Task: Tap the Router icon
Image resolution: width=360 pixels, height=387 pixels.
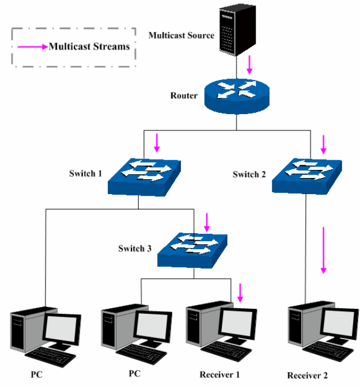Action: [x=236, y=95]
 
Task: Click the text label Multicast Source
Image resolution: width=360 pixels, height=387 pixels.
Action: [x=181, y=35]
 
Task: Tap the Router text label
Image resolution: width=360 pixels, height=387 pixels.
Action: [x=184, y=96]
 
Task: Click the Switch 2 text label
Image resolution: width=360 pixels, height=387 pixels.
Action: [x=250, y=174]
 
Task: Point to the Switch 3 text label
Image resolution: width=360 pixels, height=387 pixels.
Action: [x=135, y=249]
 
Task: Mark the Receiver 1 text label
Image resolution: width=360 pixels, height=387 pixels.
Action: [x=219, y=374]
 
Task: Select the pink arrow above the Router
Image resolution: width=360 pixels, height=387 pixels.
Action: [x=249, y=64]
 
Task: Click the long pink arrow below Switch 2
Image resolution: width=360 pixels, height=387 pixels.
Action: [x=324, y=250]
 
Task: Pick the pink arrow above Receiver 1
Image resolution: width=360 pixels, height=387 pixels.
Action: [x=240, y=293]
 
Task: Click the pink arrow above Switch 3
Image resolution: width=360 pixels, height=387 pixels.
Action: [x=208, y=221]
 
